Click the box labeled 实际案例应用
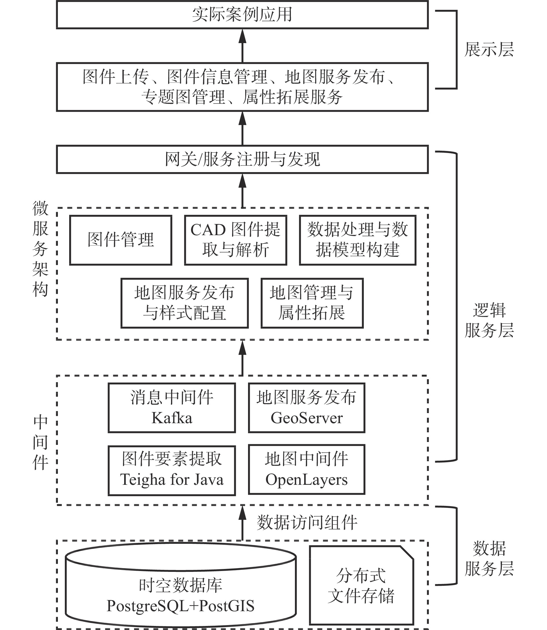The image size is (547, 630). (242, 15)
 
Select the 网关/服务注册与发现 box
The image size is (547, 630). (242, 159)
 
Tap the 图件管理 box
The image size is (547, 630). (121, 240)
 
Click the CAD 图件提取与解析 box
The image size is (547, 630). (235, 240)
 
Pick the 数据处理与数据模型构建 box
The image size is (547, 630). (357, 240)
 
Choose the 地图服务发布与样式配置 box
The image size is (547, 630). (184, 303)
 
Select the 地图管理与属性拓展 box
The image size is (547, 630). (312, 303)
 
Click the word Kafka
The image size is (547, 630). (172, 418)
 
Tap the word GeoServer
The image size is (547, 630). (306, 418)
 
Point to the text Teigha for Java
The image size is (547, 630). (172, 480)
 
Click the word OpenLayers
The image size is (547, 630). (306, 480)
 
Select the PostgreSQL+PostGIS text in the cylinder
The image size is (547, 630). (180, 606)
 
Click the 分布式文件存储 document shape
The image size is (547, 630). (361, 586)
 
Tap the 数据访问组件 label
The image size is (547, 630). (307, 523)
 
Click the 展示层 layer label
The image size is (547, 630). (489, 49)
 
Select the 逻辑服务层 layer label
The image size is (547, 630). (489, 320)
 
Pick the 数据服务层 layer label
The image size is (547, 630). (489, 559)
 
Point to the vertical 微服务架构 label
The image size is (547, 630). (40, 249)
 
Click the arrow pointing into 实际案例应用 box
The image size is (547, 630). (242, 46)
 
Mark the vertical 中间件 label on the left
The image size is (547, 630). (40, 442)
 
